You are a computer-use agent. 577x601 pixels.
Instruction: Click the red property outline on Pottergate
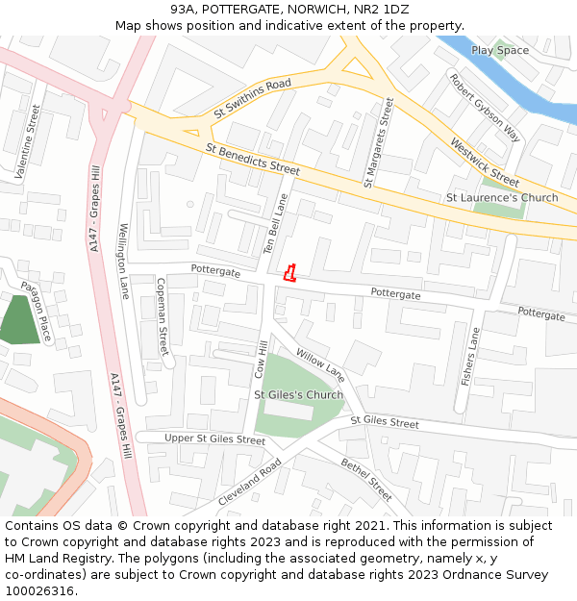tap(289, 273)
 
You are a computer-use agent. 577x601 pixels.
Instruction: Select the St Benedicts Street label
tap(253, 160)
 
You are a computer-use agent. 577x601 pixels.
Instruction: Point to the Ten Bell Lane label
tap(277, 223)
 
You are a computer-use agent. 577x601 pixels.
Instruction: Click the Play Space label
tap(500, 50)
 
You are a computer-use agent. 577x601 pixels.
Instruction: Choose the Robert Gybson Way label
tap(486, 108)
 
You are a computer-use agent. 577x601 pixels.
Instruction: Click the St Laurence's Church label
tap(502, 198)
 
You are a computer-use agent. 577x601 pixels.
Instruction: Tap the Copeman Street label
tap(162, 316)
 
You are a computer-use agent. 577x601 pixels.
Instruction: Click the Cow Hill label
tap(260, 359)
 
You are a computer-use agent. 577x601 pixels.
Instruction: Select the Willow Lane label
tap(320, 364)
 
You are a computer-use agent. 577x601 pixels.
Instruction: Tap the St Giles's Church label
tap(298, 395)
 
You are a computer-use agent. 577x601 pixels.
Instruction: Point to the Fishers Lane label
tap(470, 358)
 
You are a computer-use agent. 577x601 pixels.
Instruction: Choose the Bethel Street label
tap(366, 479)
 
